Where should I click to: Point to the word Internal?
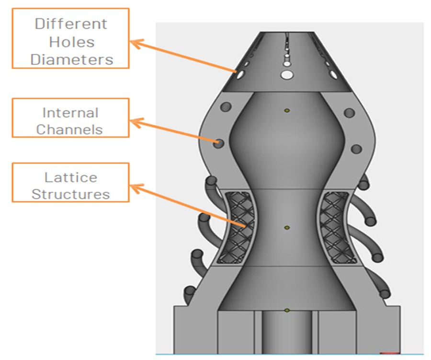pyautogui.click(x=70, y=113)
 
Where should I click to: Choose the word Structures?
pyautogui.click(x=71, y=194)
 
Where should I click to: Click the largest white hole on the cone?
pyautogui.click(x=287, y=74)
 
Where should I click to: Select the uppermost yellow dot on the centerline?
pyautogui.click(x=287, y=111)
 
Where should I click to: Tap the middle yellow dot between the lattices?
pyautogui.click(x=287, y=228)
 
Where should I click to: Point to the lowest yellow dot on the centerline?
pyautogui.click(x=287, y=311)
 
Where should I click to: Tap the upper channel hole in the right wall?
pyautogui.click(x=350, y=113)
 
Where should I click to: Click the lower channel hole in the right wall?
pyautogui.click(x=356, y=149)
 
